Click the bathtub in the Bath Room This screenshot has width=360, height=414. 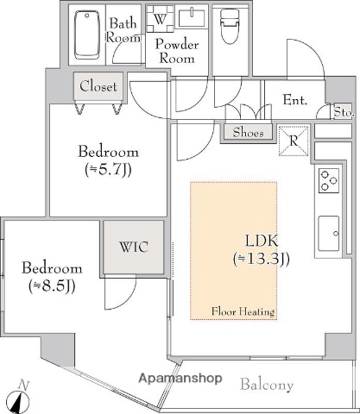coord(87,34)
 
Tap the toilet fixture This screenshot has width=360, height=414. coord(230,26)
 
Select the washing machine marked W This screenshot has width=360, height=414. coord(160,19)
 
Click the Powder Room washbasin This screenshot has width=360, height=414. coord(192,18)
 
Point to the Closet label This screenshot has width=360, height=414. coord(98,86)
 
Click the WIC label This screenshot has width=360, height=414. coord(134,247)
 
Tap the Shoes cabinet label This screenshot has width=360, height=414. coord(248,133)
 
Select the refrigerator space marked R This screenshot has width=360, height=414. coord(294,141)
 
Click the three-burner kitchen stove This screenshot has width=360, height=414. coord(329,180)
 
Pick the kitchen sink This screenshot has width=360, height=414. coord(329,234)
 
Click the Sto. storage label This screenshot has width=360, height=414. coord(344,112)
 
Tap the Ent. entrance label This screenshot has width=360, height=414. coord(295,100)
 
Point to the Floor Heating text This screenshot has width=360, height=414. coord(243,311)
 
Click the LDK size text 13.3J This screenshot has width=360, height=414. coord(261,259)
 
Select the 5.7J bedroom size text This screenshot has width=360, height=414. coord(108,170)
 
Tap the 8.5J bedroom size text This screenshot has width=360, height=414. coord(52,286)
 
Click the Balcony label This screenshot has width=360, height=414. coord(267,385)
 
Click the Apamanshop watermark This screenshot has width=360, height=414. coord(180,379)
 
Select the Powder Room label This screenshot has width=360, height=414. coord(177,52)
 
